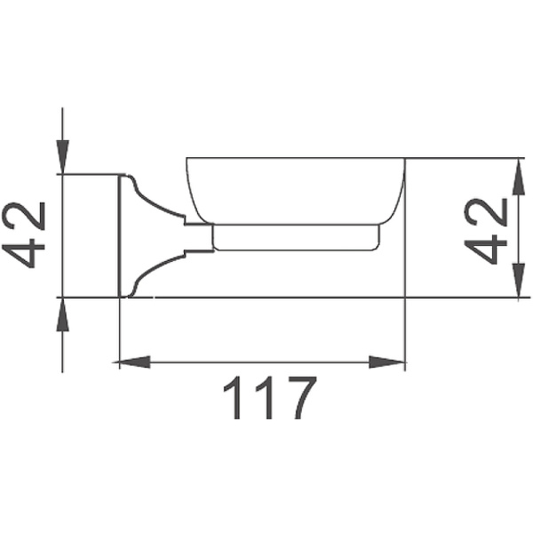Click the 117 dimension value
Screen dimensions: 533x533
(x=268, y=400)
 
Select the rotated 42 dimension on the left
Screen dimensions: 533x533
(x=28, y=235)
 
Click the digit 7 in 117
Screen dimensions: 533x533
(x=298, y=400)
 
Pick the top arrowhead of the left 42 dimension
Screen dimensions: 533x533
(x=61, y=159)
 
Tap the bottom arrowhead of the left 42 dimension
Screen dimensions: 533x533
(x=61, y=313)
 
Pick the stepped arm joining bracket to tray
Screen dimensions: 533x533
(x=197, y=238)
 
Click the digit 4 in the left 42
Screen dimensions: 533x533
(x=28, y=253)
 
